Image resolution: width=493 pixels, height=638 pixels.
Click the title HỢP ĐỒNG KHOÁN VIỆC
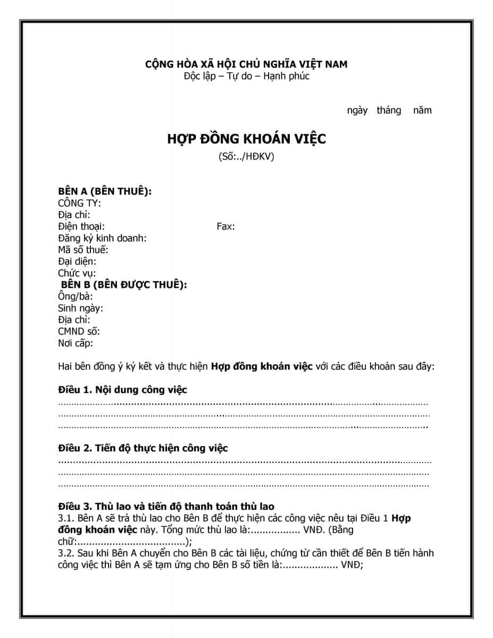[246, 139]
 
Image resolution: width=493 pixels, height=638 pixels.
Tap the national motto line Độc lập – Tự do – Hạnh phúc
[246, 76]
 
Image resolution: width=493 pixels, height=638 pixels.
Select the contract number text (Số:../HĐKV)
[246, 157]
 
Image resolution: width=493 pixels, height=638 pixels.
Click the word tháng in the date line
[389, 111]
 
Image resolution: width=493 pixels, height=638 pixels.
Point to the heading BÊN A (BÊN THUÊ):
[105, 191]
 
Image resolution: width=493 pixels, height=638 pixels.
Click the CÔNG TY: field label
[79, 203]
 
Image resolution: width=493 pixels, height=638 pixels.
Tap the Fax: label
[225, 226]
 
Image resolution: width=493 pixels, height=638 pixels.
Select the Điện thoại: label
[81, 226]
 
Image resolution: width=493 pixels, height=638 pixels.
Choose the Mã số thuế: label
[83, 250]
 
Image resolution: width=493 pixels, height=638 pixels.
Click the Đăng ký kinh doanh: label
[102, 238]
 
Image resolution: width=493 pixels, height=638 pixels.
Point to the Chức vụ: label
[77, 273]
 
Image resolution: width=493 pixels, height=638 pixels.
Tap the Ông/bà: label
[75, 297]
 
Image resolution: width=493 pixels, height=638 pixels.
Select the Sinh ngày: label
[80, 308]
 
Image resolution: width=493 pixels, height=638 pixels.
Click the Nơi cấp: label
[76, 343]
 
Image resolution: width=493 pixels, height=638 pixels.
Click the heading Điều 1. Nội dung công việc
[122, 390]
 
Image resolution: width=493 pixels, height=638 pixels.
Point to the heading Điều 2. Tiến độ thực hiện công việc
[143, 448]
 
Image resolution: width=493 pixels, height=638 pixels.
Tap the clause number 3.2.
[65, 553]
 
